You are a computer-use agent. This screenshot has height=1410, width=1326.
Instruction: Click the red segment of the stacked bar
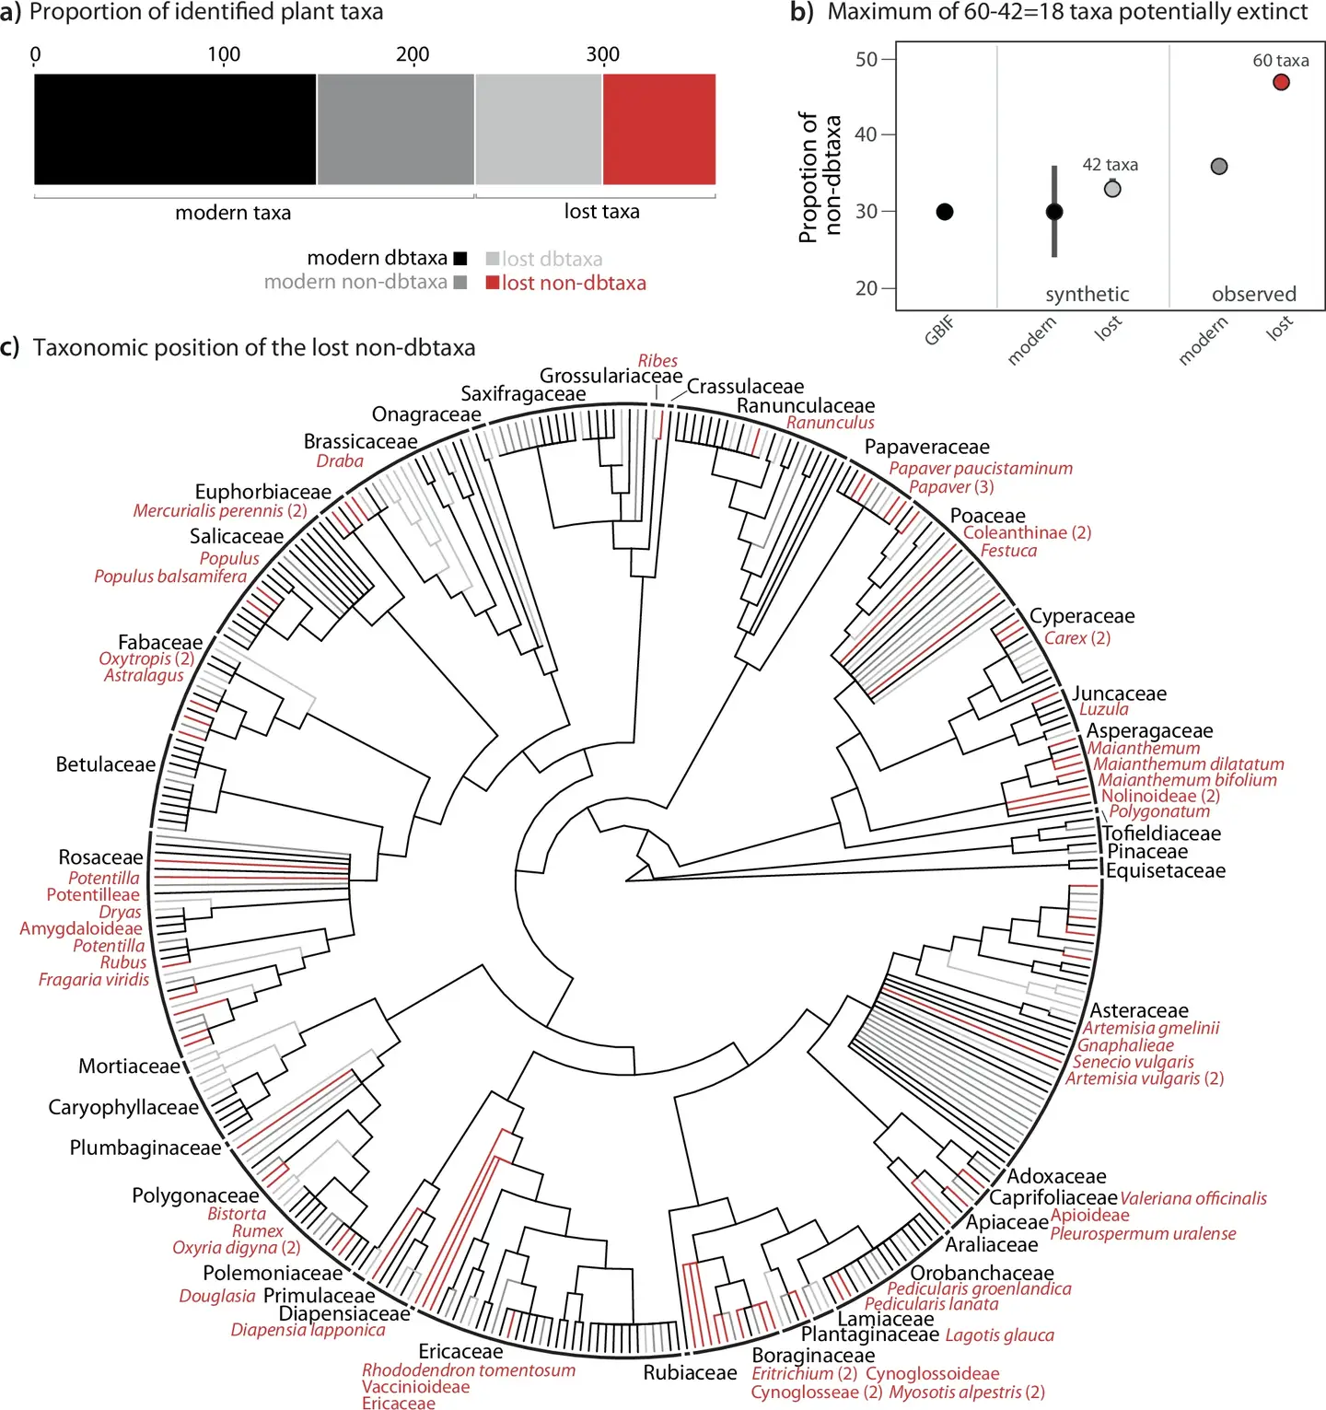(x=658, y=129)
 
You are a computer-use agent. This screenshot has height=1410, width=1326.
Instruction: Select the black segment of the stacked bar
(x=175, y=129)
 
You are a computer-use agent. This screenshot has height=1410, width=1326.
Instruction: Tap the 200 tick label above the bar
(x=413, y=54)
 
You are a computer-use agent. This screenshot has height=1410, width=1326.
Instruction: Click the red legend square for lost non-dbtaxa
(x=493, y=283)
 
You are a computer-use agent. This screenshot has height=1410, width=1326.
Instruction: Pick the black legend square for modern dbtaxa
(x=459, y=259)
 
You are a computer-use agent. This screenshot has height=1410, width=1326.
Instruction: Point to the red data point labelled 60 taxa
(x=1281, y=82)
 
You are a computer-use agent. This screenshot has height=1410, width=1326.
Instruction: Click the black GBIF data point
(x=945, y=212)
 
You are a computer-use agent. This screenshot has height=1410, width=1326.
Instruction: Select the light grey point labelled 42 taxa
(x=1112, y=189)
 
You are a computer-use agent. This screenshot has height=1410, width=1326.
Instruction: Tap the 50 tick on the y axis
(x=867, y=60)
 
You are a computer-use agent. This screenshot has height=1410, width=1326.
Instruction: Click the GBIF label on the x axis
(x=939, y=329)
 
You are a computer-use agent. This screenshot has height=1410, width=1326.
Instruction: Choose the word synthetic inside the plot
(x=1087, y=295)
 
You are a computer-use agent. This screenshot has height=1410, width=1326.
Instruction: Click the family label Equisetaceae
(x=1166, y=871)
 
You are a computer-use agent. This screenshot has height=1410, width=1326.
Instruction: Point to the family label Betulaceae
(x=106, y=764)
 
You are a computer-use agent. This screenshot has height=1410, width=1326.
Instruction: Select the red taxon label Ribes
(x=657, y=361)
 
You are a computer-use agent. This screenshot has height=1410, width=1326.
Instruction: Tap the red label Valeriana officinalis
(x=1193, y=1198)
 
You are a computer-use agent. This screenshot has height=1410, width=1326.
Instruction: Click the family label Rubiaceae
(x=690, y=1373)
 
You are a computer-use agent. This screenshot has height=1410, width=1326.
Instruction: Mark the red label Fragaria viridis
(x=94, y=980)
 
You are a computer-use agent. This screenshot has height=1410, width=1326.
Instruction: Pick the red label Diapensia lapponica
(x=308, y=1330)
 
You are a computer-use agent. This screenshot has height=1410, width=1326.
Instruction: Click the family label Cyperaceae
(x=1082, y=616)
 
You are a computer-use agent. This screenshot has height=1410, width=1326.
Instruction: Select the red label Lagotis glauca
(x=999, y=1335)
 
